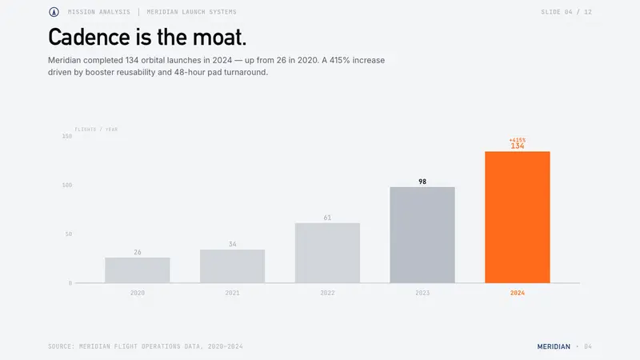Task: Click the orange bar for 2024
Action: coord(517,217)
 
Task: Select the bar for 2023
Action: coord(422,234)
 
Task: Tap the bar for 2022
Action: coord(327,253)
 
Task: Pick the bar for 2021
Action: coord(232,266)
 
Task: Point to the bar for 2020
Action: coord(138,270)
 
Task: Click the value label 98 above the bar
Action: coord(422,182)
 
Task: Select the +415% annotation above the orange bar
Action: coord(517,140)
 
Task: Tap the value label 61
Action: coord(327,218)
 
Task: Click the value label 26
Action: coord(138,252)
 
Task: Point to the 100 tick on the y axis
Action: coord(67,185)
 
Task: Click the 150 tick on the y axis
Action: coord(67,136)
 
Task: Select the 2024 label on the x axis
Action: coord(517,293)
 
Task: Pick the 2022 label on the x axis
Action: coord(327,293)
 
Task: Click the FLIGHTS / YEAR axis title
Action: coord(96,130)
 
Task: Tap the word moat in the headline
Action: coord(219,37)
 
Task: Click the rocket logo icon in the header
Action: coord(54,12)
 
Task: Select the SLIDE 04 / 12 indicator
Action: coord(566,12)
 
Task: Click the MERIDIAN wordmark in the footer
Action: coord(554,346)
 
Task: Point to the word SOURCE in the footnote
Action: coord(62,346)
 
